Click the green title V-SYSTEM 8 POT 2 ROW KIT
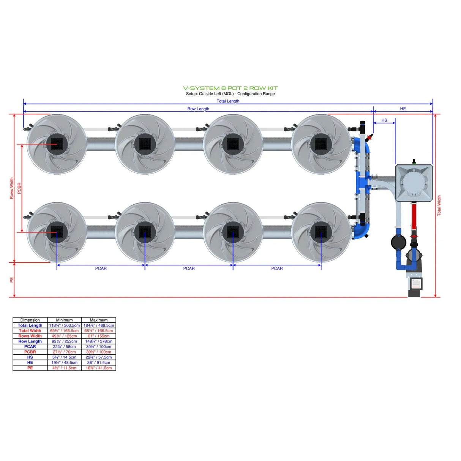pyautogui.click(x=230, y=88)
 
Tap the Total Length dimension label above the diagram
pyautogui.click(x=228, y=101)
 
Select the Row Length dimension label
pyautogui.click(x=198, y=109)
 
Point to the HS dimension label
pyautogui.click(x=384, y=120)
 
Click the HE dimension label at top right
pyautogui.click(x=403, y=109)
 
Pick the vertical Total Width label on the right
pyautogui.click(x=439, y=206)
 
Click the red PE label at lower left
pyautogui.click(x=11, y=280)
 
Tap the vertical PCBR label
pyautogui.click(x=19, y=188)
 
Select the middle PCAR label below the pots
pyautogui.click(x=189, y=268)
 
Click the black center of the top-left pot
pyautogui.click(x=57, y=144)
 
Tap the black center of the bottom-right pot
pyautogui.click(x=321, y=232)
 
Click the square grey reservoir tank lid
pyautogui.click(x=414, y=183)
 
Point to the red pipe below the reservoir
pyautogui.click(x=414, y=215)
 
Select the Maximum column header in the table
pyautogui.click(x=99, y=320)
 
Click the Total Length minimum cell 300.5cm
pyautogui.click(x=64, y=325)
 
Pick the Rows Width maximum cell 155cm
pyautogui.click(x=99, y=336)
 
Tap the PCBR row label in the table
pyautogui.click(x=30, y=352)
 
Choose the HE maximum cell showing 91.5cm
pyautogui.click(x=99, y=363)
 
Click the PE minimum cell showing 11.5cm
pyautogui.click(x=64, y=368)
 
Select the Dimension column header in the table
pyautogui.click(x=30, y=320)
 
